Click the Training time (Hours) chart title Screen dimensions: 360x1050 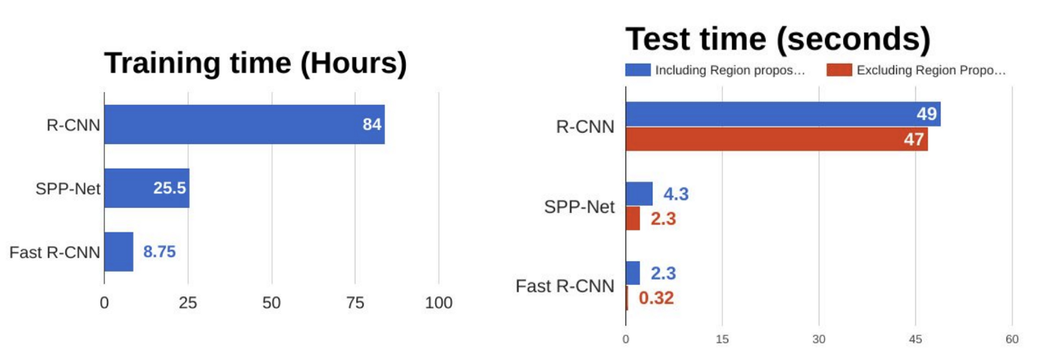pos(255,64)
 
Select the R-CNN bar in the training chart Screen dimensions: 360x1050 pos(244,124)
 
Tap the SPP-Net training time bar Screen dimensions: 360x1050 pos(146,187)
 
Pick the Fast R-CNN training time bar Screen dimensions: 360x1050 pos(118,252)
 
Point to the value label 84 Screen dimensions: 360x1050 pos(372,124)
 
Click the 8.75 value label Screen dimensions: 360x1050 pos(159,253)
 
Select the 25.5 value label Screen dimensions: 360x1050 pos(169,188)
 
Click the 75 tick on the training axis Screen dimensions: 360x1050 pos(355,304)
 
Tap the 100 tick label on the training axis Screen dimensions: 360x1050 pos(439,304)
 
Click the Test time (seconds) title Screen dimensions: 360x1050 pos(778,39)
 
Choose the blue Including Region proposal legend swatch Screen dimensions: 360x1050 pos(638,70)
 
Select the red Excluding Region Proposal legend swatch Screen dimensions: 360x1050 pos(839,70)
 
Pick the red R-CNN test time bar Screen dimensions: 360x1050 pos(776,139)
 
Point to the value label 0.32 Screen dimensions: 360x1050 pos(656,298)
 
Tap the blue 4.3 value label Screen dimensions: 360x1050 pos(676,194)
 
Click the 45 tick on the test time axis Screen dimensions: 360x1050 pos(915,340)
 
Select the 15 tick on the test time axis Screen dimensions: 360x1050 pos(721,340)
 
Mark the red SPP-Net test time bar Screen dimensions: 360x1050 pos(633,218)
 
